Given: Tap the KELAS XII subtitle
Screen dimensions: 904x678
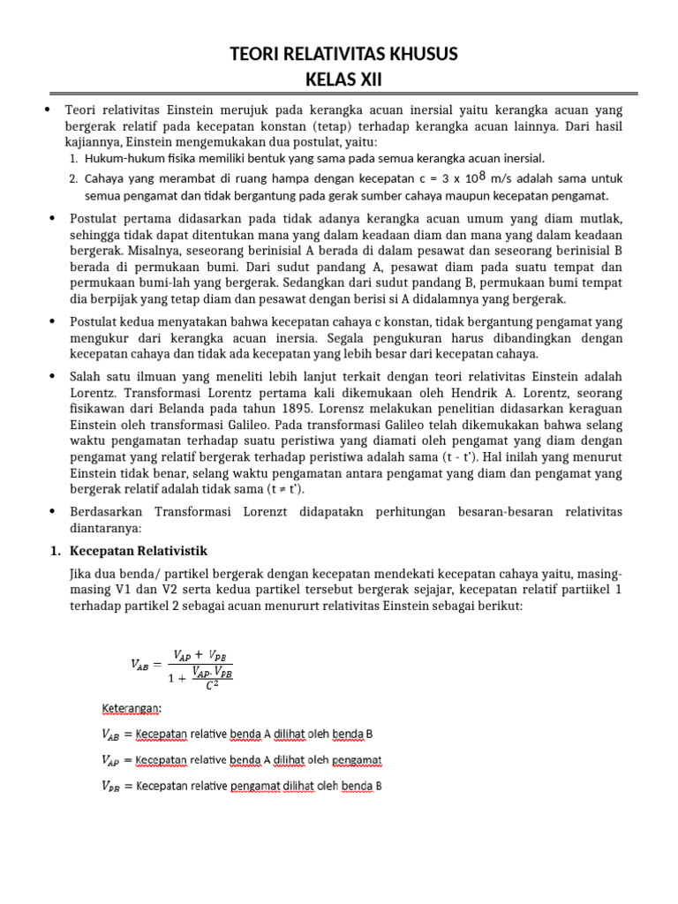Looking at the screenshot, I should tap(339, 80).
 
